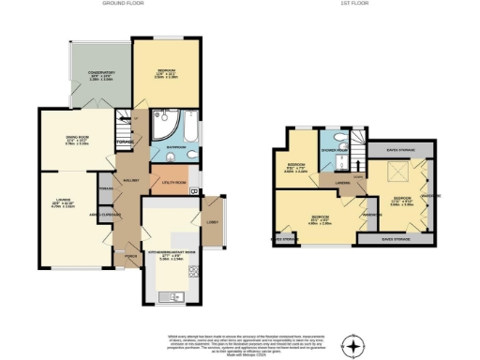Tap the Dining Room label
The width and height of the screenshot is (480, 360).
pyautogui.click(x=77, y=140)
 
